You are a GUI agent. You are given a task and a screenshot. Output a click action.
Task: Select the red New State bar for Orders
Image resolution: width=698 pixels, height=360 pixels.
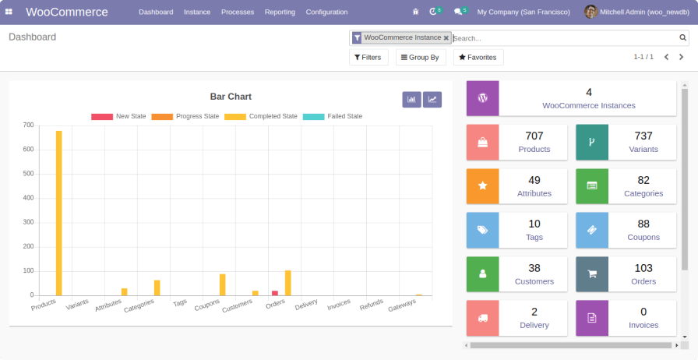[275, 293]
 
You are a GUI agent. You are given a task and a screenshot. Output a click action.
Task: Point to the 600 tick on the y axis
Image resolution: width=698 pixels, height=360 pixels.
[28, 150]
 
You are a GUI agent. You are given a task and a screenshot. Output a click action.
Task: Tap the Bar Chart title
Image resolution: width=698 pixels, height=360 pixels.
[231, 97]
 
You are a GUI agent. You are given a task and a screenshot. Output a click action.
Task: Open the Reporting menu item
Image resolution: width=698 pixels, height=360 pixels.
[280, 12]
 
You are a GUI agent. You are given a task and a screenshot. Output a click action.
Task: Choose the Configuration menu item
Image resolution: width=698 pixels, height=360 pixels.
[326, 12]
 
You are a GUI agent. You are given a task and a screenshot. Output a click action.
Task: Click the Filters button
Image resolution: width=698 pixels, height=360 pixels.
[368, 58]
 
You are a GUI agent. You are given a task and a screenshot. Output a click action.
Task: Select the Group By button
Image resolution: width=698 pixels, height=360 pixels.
[420, 58]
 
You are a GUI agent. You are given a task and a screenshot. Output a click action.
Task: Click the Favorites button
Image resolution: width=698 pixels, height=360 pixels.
[478, 58]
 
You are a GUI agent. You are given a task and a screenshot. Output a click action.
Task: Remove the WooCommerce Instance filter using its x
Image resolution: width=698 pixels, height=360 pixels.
[446, 37]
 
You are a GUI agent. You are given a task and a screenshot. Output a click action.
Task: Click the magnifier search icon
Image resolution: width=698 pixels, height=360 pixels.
[683, 37]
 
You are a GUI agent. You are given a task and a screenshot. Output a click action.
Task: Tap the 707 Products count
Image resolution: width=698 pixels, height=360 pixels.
[534, 136]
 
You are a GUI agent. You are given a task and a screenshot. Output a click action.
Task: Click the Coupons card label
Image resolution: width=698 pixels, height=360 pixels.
[643, 237]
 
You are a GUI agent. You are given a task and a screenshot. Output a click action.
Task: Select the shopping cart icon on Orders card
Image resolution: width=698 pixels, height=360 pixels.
[592, 274]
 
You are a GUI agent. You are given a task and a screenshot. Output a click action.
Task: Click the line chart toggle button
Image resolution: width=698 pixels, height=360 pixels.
[432, 100]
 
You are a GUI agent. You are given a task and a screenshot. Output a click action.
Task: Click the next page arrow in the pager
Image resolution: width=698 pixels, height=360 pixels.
[682, 57]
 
